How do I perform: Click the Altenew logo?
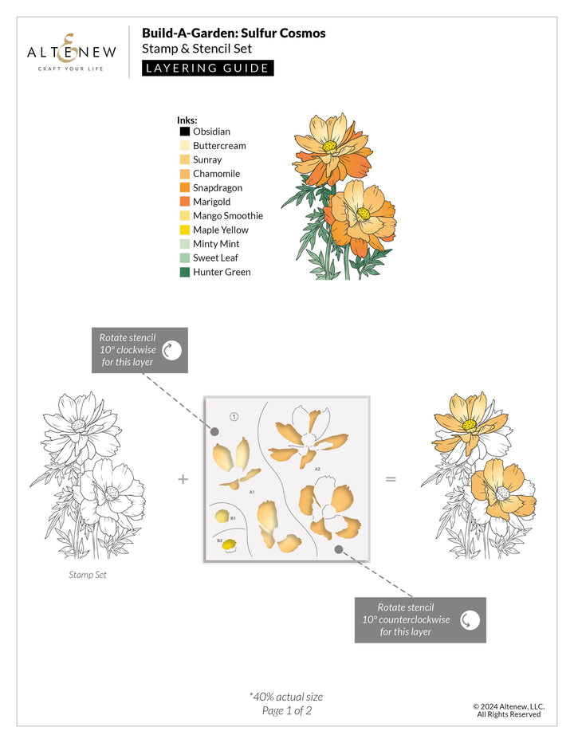pyautogui.click(x=72, y=53)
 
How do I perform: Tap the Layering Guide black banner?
pyautogui.click(x=207, y=68)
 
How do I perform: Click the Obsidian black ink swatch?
pyautogui.click(x=184, y=132)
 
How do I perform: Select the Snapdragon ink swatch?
pyautogui.click(x=184, y=188)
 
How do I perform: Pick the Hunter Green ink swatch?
pyautogui.click(x=184, y=273)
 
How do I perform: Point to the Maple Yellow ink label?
pyautogui.click(x=220, y=230)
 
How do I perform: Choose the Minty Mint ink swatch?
pyautogui.click(x=184, y=244)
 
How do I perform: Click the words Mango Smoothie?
pyautogui.click(x=227, y=216)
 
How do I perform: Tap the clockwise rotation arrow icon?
pyautogui.click(x=171, y=350)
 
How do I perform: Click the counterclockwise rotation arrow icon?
pyautogui.click(x=470, y=619)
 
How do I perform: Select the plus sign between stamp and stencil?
pyautogui.click(x=183, y=479)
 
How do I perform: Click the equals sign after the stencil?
pyautogui.click(x=391, y=479)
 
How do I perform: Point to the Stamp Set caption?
pyautogui.click(x=87, y=574)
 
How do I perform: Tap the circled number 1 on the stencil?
pyautogui.click(x=234, y=416)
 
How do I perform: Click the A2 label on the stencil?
pyautogui.click(x=316, y=470)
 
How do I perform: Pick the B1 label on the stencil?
pyautogui.click(x=233, y=518)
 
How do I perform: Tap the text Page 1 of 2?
pyautogui.click(x=286, y=711)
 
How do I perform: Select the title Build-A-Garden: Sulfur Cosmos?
pyautogui.click(x=234, y=33)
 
